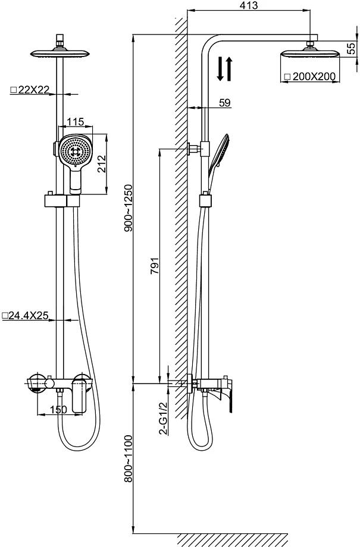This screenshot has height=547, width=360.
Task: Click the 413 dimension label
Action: pos(249,6)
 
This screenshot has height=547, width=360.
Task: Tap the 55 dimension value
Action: pos(351,48)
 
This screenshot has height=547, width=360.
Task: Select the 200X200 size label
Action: pos(313,76)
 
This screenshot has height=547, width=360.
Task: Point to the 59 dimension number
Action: pos(225,103)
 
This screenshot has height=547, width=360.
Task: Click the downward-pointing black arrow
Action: pos(220,68)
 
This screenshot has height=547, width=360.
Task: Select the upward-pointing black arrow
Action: pos(228,68)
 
